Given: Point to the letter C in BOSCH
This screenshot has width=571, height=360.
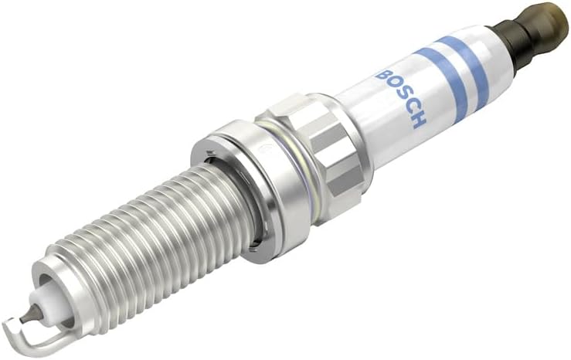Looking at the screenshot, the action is click(x=410, y=106).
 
